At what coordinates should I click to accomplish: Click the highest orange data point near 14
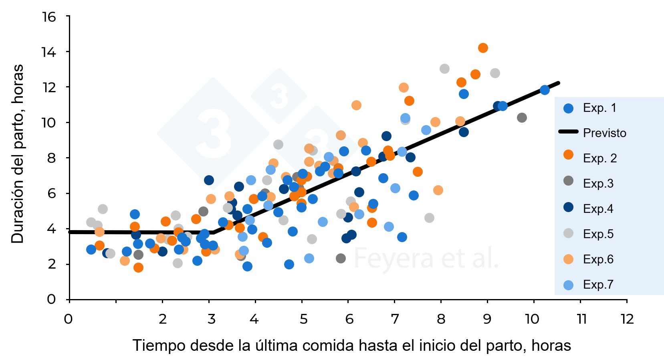pos(483,48)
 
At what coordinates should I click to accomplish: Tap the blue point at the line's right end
pos(545,90)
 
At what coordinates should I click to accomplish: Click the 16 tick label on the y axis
pos(49,17)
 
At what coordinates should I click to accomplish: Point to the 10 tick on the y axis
pos(49,122)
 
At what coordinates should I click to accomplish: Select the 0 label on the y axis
pos(51,299)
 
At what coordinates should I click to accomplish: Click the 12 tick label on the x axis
pos(627,319)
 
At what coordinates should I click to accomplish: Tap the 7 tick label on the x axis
pos(395,319)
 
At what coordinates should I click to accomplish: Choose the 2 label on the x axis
pos(163,319)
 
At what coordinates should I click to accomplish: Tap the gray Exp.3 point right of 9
pos(522,117)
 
